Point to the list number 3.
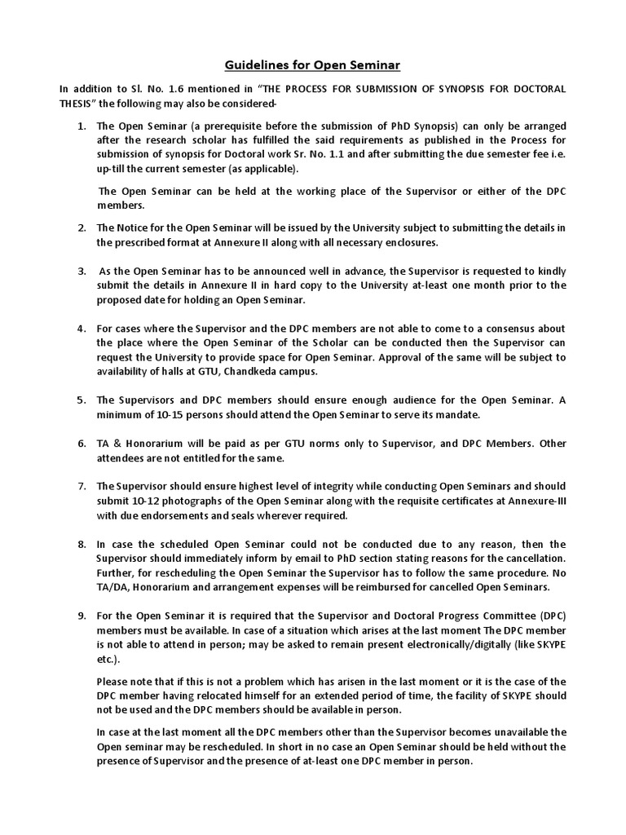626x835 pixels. point(82,271)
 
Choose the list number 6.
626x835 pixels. point(82,444)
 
